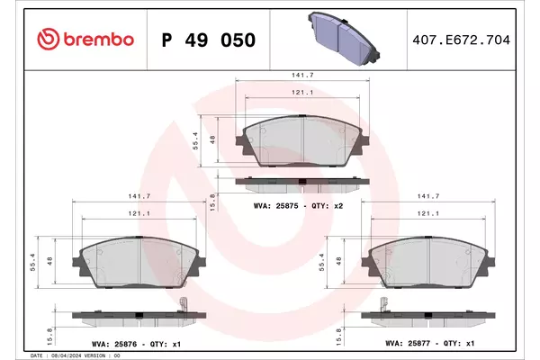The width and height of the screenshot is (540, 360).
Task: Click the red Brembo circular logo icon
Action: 48,39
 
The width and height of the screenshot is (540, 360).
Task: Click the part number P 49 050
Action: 209,40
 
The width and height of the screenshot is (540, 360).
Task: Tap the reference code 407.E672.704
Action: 461,40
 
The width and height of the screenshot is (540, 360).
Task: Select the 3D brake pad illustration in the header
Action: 344,38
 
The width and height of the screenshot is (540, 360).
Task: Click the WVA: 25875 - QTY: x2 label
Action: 298,206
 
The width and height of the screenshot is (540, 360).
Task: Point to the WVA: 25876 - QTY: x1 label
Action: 137,344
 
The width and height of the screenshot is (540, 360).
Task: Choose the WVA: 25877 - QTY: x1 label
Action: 430,344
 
